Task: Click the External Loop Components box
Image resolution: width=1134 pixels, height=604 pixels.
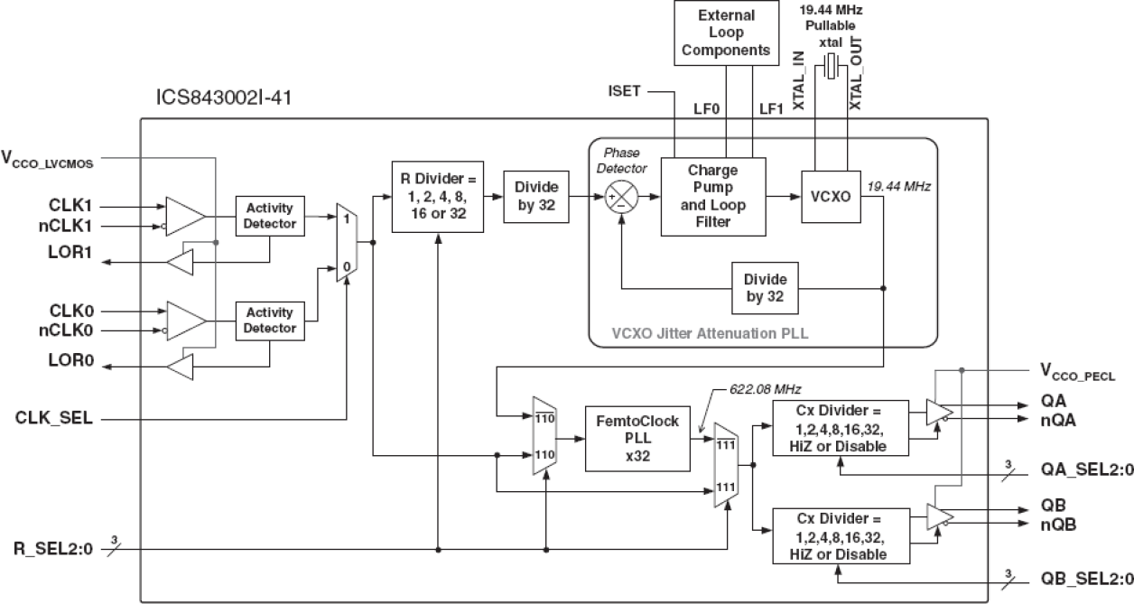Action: pyautogui.click(x=726, y=33)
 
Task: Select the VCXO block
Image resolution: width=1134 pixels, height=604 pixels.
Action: pyautogui.click(x=828, y=196)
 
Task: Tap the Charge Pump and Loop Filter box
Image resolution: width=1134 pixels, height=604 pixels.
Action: pyautogui.click(x=712, y=196)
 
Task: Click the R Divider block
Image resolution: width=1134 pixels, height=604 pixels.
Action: pyautogui.click(x=437, y=196)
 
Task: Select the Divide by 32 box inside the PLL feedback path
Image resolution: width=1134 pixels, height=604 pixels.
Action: pyautogui.click(x=765, y=288)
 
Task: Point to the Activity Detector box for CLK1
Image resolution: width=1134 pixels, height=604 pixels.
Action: pyautogui.click(x=270, y=216)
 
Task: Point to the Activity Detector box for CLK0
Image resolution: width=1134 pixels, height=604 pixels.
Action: pyautogui.click(x=270, y=321)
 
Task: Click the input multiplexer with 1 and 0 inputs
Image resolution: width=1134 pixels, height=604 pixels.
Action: pyautogui.click(x=346, y=242)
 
